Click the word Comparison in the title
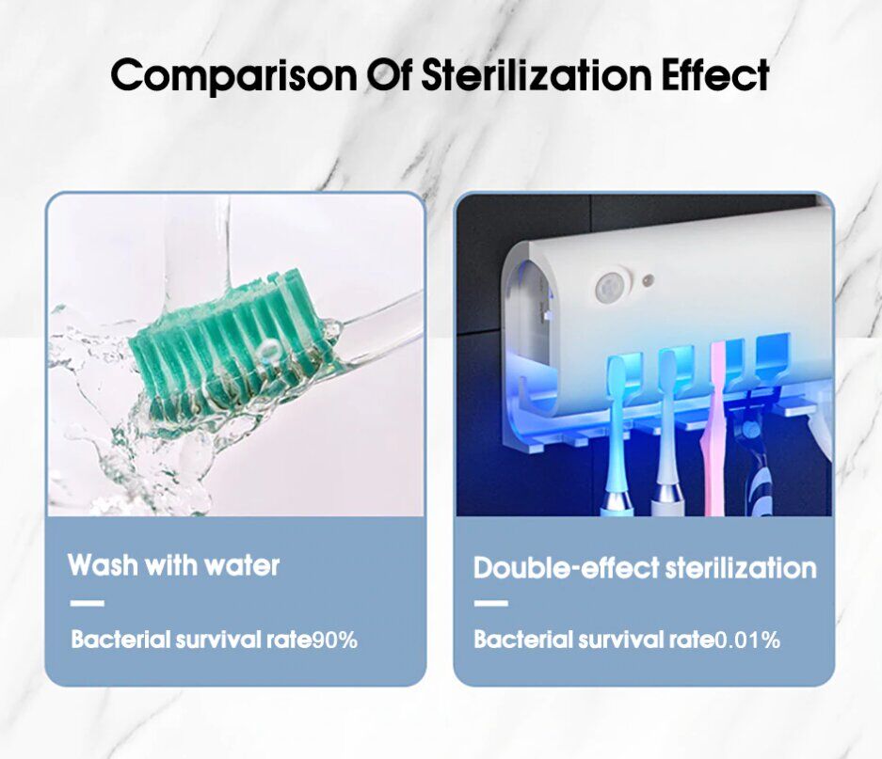234,75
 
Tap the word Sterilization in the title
537,74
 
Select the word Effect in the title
716,74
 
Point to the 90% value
335,640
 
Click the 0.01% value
747,640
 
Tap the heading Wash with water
173,565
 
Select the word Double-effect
566,568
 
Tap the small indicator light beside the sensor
648,279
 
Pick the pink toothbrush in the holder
712,427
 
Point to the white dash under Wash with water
88,604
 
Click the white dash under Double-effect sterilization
490,604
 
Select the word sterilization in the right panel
741,568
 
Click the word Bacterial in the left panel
120,640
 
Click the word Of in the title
390,75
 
